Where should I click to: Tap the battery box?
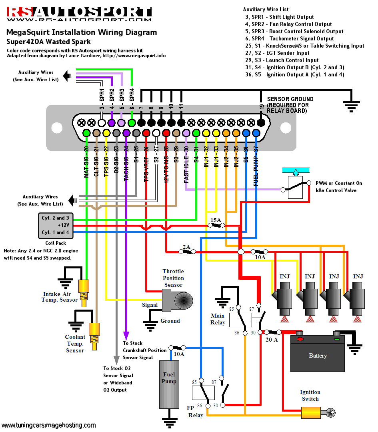click(318, 354)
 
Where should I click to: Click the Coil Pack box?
click(56, 225)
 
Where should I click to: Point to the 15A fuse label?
click(216, 220)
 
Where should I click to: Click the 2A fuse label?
click(186, 247)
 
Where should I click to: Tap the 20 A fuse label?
click(272, 340)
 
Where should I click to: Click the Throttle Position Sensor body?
click(178, 299)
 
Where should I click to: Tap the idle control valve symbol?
click(295, 187)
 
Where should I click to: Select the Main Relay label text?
click(218, 319)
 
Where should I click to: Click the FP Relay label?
click(195, 412)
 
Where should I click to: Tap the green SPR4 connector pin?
click(132, 122)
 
